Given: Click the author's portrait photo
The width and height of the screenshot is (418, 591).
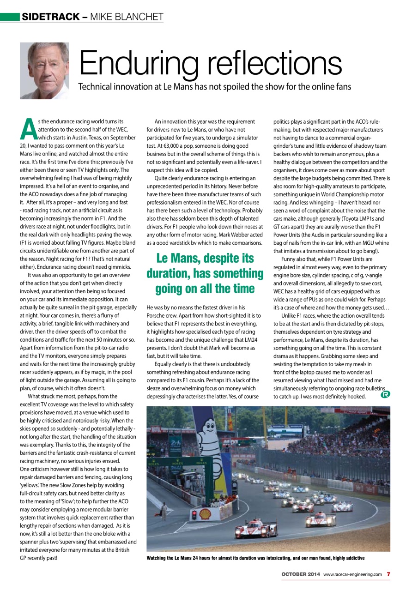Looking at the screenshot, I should point(44,71).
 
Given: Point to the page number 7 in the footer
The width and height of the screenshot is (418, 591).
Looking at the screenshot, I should point(388,574).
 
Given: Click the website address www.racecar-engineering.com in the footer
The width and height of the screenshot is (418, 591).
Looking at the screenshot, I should point(353,574).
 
